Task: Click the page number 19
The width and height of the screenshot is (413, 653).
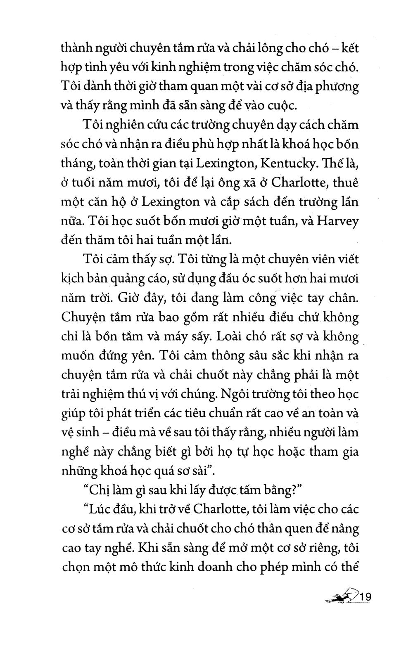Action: click(x=366, y=597)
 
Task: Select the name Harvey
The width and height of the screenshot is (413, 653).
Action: click(x=337, y=221)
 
